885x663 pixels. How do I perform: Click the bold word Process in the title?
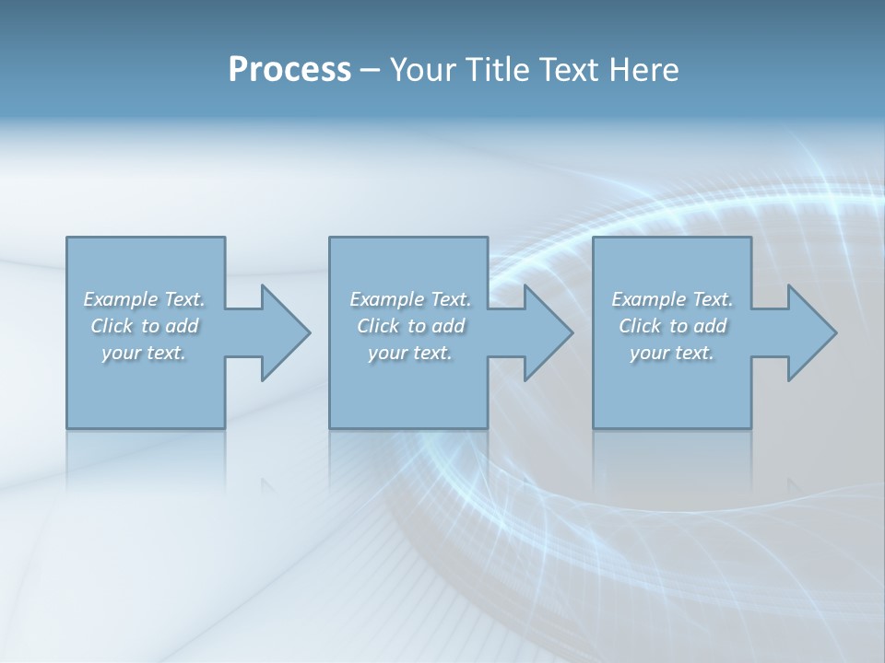[x=289, y=70]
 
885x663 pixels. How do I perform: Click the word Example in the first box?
[x=119, y=299]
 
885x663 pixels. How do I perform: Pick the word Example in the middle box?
[x=385, y=299]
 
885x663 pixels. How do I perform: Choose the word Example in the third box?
[x=648, y=299]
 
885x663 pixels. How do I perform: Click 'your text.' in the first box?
[x=144, y=353]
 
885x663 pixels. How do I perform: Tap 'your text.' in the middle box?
[x=410, y=353]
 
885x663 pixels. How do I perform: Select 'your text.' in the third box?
[x=672, y=353]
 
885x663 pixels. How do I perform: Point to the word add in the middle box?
[x=447, y=326]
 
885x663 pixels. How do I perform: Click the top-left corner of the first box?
[x=67, y=238]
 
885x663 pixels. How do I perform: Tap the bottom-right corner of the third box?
[x=750, y=427]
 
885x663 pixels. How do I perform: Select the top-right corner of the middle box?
[x=487, y=238]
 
